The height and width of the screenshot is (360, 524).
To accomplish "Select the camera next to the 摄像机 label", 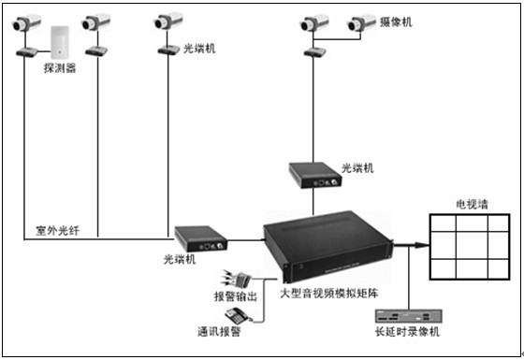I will [x=359, y=23].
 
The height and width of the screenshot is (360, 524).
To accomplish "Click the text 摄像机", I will [x=393, y=20].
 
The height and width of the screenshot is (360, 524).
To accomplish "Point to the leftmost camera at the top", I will [x=27, y=24].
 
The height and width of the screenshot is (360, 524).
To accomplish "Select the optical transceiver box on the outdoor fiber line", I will [x=199, y=239].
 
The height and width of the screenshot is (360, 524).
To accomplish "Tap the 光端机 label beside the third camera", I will [x=197, y=47].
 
